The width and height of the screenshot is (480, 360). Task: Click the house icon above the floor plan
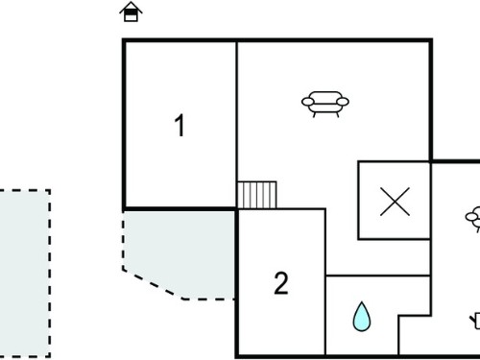pos(131,12)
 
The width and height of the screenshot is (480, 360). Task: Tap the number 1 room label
pos(180,126)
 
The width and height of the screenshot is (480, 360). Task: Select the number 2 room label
pos(281,283)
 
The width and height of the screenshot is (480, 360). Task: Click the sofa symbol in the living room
pos(325,104)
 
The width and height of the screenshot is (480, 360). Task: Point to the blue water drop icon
pos(362,317)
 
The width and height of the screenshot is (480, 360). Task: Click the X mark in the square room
pos(395,202)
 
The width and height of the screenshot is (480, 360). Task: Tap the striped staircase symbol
pos(257,195)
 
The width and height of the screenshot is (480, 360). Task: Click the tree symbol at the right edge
pos(473,219)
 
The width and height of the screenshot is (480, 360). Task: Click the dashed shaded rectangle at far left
pos(24,274)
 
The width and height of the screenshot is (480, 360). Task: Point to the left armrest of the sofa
pos(308,102)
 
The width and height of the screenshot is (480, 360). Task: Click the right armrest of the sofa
pos(343,102)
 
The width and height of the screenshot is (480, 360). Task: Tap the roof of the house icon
pos(131,7)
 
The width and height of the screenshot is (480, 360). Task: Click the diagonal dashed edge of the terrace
pos(153,284)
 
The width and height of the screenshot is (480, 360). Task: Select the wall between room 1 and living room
pos(237,125)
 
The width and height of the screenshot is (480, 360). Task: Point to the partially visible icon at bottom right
pos(475,321)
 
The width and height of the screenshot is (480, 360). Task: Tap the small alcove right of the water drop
pos(415,335)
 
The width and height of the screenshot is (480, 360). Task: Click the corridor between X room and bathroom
pos(378,257)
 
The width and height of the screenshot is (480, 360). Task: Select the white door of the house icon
pos(131,17)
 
